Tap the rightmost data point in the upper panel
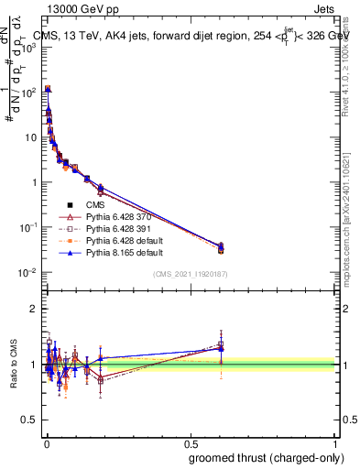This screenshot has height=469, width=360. click(x=221, y=247)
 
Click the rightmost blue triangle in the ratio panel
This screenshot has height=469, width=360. click(x=221, y=348)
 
